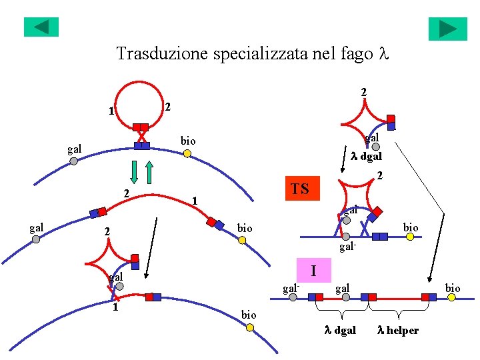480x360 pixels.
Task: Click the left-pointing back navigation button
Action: coord(41,27)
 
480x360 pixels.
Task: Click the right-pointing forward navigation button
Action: coord(447,29)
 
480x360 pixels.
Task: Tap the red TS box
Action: coord(300,189)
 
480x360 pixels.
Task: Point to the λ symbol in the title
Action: coord(382,53)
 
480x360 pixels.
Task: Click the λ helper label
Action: coord(398,330)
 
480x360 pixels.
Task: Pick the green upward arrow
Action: coord(149,171)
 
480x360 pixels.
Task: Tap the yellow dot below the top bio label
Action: coord(188,154)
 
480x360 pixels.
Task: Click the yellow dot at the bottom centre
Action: coord(249,327)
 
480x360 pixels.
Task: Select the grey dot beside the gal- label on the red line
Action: coord(293,297)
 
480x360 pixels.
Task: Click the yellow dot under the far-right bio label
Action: coord(452,297)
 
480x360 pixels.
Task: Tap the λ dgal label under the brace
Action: coord(340,330)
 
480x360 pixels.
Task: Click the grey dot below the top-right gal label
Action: coord(375,147)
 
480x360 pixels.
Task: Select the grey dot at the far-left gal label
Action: coord(36,239)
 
